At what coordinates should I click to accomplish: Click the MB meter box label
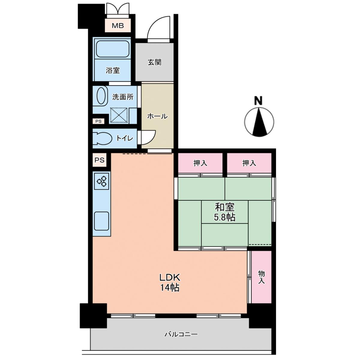pos(118,25)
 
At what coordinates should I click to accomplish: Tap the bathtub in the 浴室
pos(113,49)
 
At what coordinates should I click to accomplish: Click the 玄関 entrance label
pos(154,62)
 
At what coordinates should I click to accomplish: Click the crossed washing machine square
pos(119,115)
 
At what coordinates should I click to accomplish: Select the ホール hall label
pos(157,117)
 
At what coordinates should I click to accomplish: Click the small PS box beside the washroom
pos(98,121)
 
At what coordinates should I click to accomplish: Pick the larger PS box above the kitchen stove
pos(100,160)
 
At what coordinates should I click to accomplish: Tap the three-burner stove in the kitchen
pos(102,181)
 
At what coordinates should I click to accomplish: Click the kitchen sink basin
pos(102,221)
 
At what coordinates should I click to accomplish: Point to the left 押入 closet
pos(200,163)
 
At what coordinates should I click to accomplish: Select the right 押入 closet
pos(249,163)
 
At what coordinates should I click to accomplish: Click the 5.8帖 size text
pos(225,217)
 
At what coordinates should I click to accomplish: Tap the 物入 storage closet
pos(261,277)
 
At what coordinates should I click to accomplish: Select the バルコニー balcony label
pos(181,334)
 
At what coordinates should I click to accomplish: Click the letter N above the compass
pos(259,100)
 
